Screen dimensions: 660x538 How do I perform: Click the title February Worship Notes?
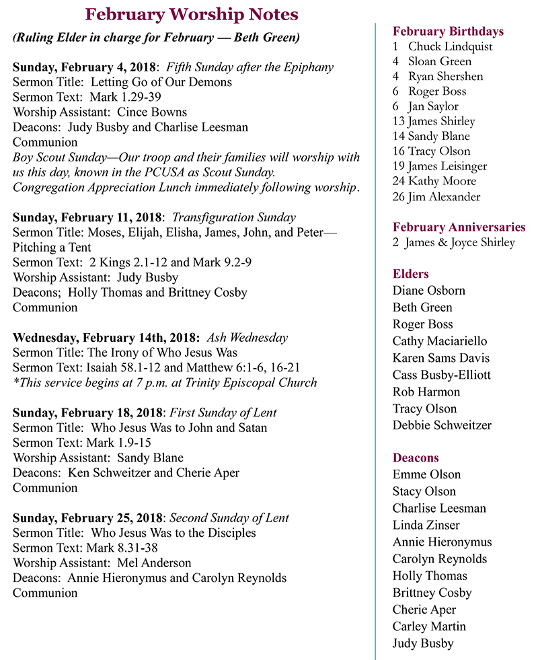coord(192,14)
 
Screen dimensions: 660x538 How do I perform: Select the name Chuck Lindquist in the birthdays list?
coord(450,46)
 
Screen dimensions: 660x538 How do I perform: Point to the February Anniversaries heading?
coord(459,227)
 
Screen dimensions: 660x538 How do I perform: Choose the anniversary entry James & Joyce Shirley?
coord(459,242)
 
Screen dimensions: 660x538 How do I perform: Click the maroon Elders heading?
coord(410,274)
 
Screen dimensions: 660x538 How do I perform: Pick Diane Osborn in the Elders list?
coord(428,291)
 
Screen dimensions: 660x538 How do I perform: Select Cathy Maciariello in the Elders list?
coord(440,341)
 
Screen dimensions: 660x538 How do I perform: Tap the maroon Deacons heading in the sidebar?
coord(416,457)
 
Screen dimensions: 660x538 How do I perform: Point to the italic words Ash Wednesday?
coord(247,338)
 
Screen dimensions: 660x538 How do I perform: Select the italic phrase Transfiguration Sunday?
coord(234,217)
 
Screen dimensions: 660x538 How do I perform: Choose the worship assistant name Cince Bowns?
coord(152,112)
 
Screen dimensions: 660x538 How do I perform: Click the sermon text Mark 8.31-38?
coord(118,548)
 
